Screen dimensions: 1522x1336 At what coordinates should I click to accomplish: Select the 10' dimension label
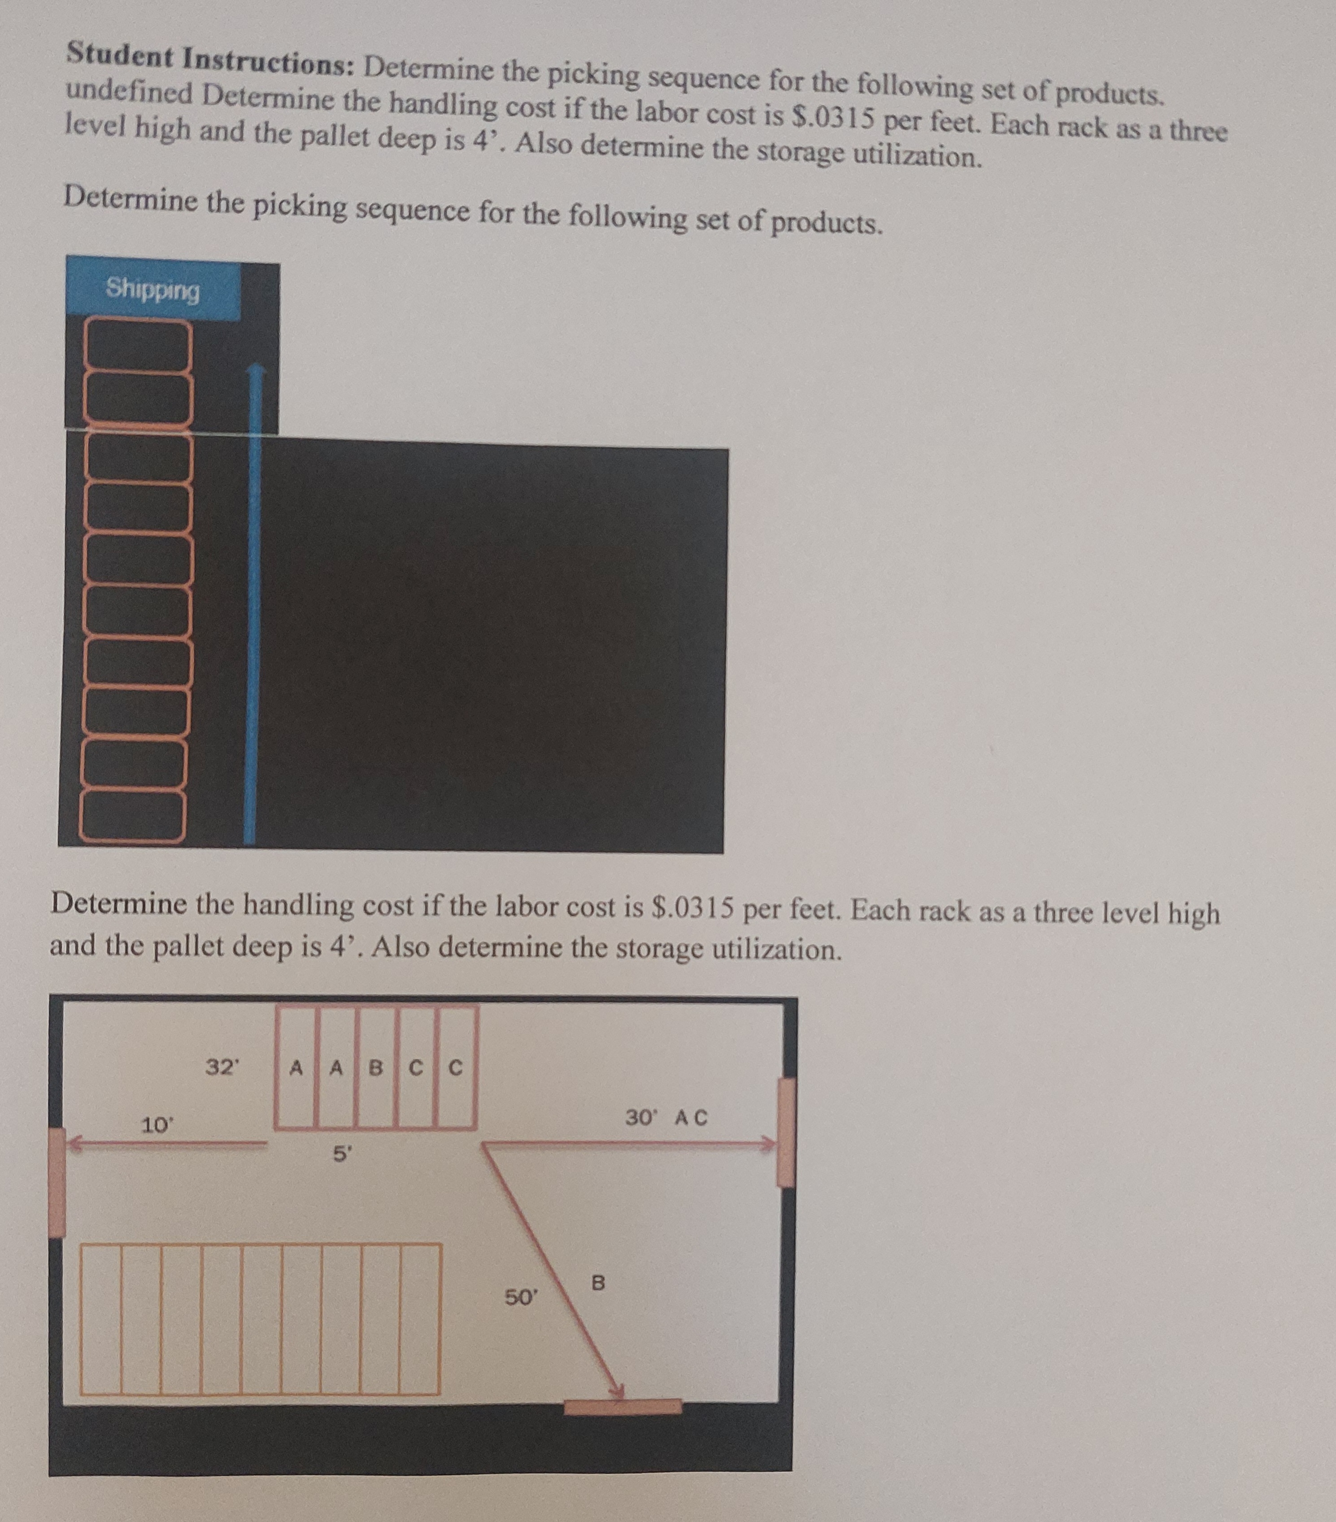pos(157,1124)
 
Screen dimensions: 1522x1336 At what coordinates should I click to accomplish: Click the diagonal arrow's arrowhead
pos(615,1390)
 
